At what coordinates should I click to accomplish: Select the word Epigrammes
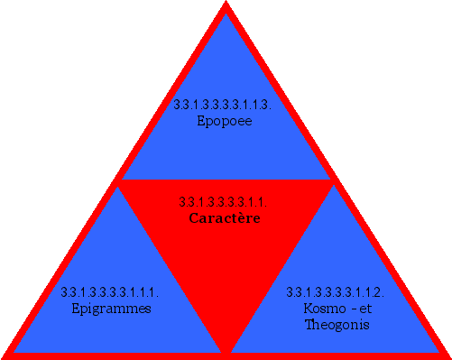coord(110,308)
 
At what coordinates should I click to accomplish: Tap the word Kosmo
coord(321,308)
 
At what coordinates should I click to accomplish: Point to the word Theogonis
coord(337,324)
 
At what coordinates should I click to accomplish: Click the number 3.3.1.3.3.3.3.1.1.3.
coord(224,105)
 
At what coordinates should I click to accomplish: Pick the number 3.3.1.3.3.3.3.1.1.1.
coord(110,291)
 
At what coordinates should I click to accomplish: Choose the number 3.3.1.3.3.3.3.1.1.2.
coord(336,291)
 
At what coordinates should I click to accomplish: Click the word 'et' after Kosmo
coord(364,308)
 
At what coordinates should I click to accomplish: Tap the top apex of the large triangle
coord(226,5)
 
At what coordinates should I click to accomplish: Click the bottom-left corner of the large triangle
coord(5,355)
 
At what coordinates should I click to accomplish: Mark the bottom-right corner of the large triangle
coord(447,355)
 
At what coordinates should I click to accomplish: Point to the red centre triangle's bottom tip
coord(226,350)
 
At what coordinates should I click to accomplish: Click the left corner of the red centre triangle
coord(119,180)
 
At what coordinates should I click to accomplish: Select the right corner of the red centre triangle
coord(332,180)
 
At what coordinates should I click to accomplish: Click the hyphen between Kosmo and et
coord(347,309)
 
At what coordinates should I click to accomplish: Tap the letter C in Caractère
coord(193,217)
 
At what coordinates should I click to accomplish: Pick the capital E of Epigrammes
coord(75,308)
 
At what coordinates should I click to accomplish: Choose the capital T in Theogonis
coord(308,324)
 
